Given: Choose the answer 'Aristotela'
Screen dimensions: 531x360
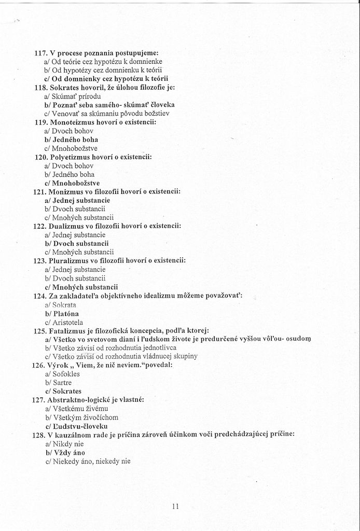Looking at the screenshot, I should point(67,323).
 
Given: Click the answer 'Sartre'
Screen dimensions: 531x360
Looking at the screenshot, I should point(62,383).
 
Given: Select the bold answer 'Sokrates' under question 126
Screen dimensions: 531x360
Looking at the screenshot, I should point(67,392).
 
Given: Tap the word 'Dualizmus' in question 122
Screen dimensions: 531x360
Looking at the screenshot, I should point(69,226).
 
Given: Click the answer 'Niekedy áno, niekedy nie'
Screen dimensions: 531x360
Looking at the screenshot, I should point(91,461).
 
